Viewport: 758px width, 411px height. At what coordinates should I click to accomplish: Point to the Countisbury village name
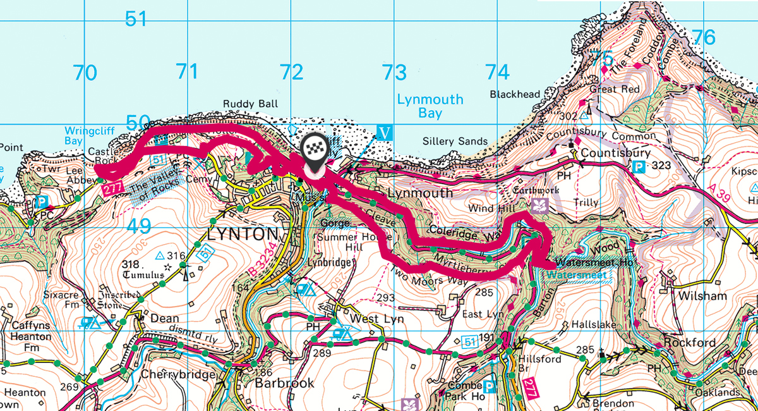606,153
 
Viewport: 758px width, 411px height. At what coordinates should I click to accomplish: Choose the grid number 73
394,73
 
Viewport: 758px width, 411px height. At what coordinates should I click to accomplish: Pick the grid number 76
704,38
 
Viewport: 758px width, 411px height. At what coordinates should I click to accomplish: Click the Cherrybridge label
177,374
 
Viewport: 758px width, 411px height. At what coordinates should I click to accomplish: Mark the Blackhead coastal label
515,95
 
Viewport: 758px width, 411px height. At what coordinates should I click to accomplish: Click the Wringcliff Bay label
83,136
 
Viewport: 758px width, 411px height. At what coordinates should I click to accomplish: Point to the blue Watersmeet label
575,275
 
